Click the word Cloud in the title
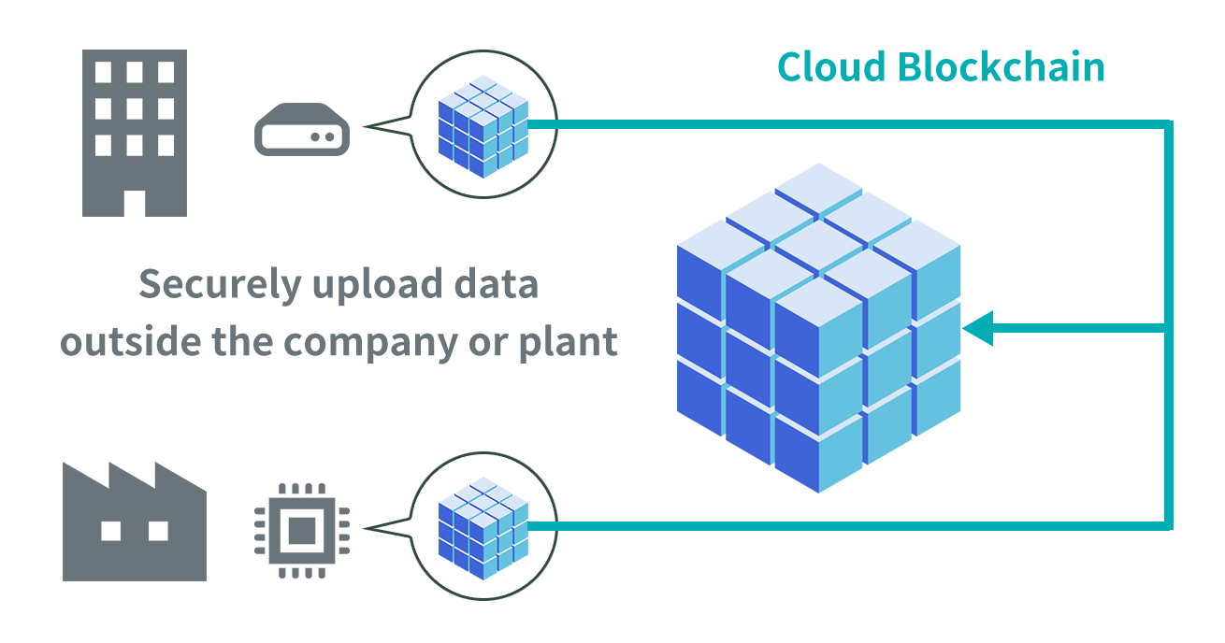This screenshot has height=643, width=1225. tap(832, 67)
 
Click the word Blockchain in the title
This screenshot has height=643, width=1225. tap(1001, 67)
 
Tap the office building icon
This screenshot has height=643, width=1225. tap(135, 133)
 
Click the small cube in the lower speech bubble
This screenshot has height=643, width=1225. tap(483, 527)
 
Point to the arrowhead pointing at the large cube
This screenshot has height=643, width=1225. tap(976, 329)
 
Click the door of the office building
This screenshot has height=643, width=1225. tap(135, 204)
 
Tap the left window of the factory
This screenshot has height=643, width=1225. tap(111, 531)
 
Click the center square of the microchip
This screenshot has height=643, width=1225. tap(302, 531)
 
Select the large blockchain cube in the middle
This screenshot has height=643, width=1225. tap(818, 327)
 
